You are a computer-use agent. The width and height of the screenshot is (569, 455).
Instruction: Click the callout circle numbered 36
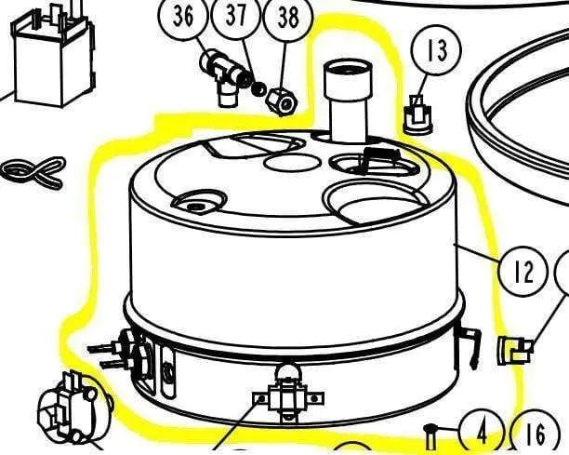point(183,17)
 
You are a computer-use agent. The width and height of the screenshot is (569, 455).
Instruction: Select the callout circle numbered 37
point(235,16)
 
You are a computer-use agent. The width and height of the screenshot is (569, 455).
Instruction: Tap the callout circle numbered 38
point(288,18)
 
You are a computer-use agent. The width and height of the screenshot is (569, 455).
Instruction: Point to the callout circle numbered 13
point(437,50)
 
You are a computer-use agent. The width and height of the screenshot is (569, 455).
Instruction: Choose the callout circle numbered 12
point(523,272)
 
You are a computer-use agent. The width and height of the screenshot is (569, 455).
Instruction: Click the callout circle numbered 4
point(482,432)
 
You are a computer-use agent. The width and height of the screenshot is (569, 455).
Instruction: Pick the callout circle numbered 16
point(535,433)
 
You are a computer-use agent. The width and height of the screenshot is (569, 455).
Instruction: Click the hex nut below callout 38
point(283,101)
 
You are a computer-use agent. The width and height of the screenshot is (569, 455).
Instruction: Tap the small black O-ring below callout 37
point(258,89)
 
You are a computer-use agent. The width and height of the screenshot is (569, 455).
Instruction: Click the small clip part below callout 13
point(418,114)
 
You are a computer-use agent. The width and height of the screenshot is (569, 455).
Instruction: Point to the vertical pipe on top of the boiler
point(348,101)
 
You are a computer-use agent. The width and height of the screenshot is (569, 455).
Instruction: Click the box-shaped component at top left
point(54,55)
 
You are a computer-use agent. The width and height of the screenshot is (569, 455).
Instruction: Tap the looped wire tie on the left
point(33,172)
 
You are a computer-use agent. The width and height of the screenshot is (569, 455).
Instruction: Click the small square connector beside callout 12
point(514,350)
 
